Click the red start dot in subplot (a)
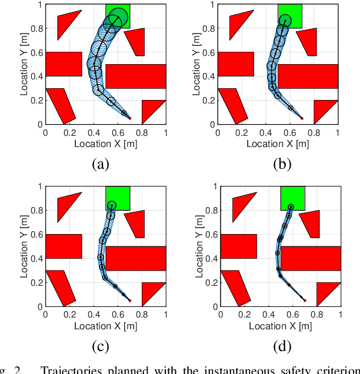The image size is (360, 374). click(x=129, y=118)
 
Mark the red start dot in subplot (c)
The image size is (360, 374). click(x=129, y=300)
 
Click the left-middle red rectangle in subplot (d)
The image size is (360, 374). click(x=238, y=246)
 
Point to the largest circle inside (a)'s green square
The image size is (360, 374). click(x=118, y=18)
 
